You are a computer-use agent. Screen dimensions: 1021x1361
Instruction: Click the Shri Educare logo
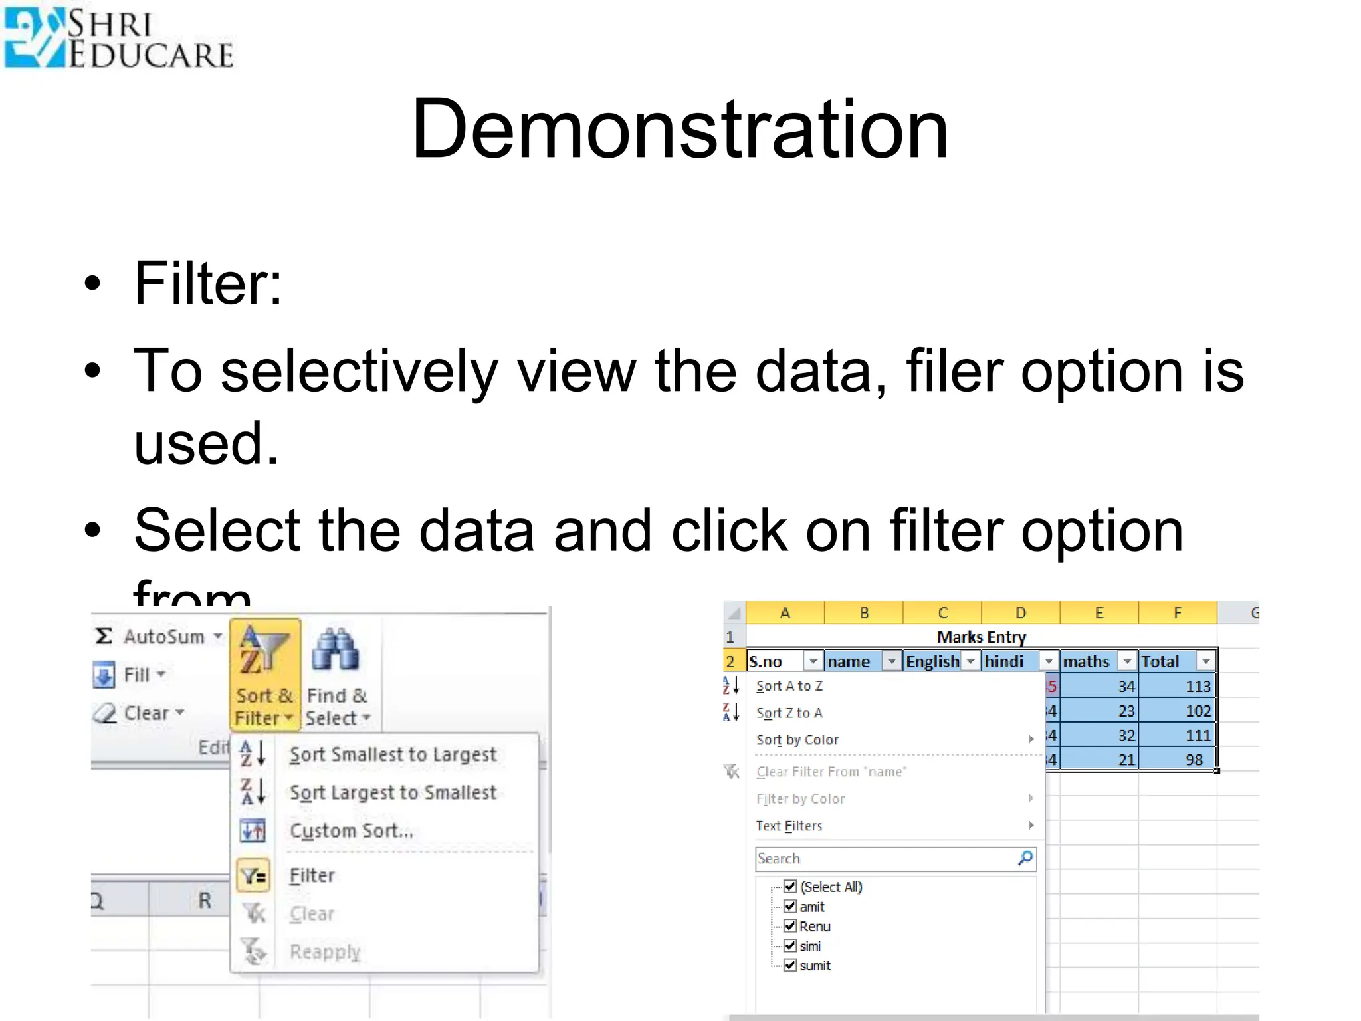(118, 38)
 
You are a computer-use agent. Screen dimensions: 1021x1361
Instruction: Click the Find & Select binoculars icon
(336, 649)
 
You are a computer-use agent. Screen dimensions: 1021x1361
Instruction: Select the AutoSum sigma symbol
(104, 636)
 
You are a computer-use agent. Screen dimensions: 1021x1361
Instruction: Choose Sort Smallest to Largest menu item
(393, 754)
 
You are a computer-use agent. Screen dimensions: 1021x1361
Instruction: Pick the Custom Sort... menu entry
(351, 830)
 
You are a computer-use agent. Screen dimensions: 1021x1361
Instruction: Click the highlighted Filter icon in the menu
(253, 875)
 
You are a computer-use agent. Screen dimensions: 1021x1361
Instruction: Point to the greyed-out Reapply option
(325, 951)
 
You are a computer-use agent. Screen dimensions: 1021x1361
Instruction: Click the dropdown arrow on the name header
(892, 661)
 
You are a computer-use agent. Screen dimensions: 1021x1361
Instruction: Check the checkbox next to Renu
(790, 926)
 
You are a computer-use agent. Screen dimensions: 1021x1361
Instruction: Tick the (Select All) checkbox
(790, 887)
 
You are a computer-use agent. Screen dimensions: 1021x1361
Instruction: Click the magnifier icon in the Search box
(1025, 858)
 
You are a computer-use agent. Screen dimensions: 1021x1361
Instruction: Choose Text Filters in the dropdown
(789, 826)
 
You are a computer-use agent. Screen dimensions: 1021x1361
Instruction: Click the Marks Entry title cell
(981, 637)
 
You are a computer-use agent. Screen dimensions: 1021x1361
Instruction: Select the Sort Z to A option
(789, 713)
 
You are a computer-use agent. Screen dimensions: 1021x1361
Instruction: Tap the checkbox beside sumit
(790, 965)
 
